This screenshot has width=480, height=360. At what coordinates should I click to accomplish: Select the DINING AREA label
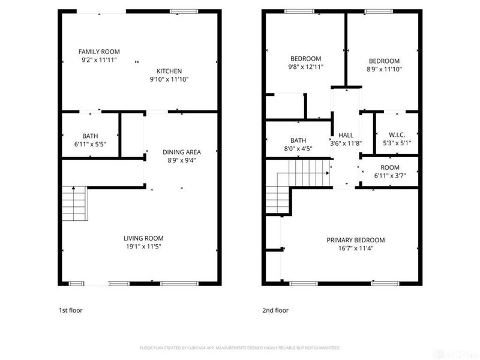[181, 152]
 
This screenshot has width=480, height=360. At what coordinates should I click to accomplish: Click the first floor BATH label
[90, 136]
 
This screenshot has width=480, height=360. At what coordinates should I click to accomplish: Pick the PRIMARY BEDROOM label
[355, 240]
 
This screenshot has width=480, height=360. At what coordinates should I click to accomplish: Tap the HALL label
[346, 135]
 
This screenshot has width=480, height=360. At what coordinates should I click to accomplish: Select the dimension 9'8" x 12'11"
[305, 67]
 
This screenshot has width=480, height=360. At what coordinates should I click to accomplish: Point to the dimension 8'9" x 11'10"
[384, 69]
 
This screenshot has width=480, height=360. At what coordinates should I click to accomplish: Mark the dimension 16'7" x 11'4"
[355, 248]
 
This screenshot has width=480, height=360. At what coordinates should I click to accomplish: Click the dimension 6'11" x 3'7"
[390, 176]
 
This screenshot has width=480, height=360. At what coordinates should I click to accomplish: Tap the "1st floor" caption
[70, 310]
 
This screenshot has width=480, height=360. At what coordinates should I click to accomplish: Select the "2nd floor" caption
[275, 310]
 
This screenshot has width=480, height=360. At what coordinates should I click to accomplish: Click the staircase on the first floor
[74, 204]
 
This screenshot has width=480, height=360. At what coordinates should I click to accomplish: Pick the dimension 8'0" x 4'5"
[298, 149]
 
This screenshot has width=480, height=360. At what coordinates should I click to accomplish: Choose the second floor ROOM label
[390, 167]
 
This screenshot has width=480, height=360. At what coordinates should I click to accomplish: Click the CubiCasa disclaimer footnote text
[240, 347]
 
